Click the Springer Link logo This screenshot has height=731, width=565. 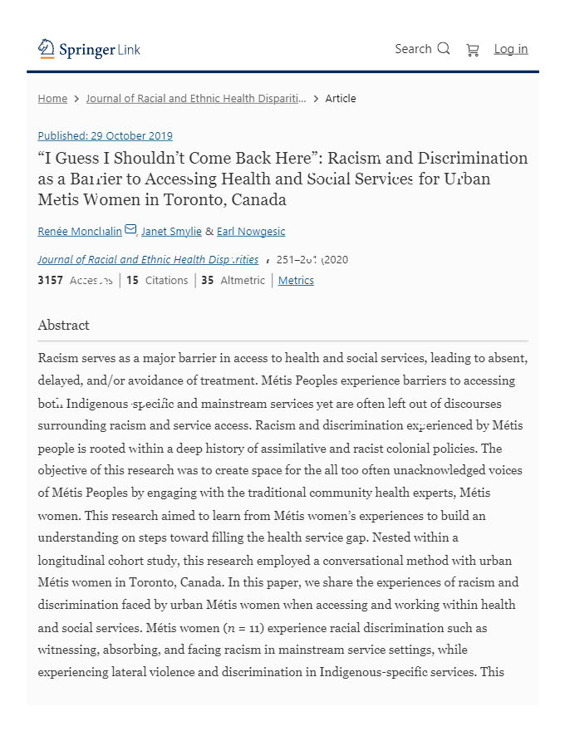(x=89, y=49)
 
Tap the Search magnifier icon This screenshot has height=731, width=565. (x=444, y=48)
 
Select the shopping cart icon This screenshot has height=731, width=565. (x=473, y=50)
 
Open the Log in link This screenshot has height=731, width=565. (x=510, y=49)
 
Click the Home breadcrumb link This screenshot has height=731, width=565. (x=52, y=98)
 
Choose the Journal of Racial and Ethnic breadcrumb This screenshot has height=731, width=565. (x=195, y=98)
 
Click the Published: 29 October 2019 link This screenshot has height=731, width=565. (x=105, y=135)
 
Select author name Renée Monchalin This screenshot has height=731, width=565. (x=80, y=231)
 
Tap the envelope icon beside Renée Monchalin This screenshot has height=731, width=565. (x=130, y=229)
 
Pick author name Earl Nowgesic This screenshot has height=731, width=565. (x=251, y=231)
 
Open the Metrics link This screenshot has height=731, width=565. (x=296, y=280)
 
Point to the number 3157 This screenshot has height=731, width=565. (x=50, y=280)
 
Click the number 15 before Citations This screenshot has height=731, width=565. (x=132, y=280)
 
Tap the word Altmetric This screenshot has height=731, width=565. (x=243, y=280)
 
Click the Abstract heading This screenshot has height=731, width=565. (x=63, y=325)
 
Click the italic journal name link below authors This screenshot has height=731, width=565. (x=148, y=259)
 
